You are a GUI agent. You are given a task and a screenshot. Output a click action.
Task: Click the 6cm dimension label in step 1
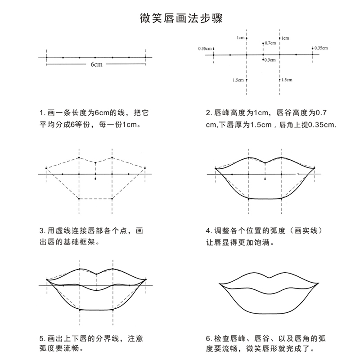[x=95, y=65]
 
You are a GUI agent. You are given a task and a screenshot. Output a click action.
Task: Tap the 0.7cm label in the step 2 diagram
[x=270, y=43]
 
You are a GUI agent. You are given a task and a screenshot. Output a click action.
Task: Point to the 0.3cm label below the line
[x=270, y=60]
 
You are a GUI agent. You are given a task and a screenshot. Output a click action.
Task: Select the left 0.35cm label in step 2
[x=205, y=48]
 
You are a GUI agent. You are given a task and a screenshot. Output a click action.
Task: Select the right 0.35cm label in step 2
[x=321, y=48]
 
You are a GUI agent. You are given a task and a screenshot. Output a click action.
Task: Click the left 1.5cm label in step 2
[x=238, y=80]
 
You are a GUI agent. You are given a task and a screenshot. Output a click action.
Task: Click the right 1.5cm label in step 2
[x=287, y=80]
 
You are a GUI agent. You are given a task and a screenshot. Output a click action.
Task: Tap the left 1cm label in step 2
[x=240, y=38]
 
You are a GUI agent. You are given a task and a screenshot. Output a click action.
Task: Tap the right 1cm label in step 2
[x=285, y=38]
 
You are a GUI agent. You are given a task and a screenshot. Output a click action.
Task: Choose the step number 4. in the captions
[x=208, y=231]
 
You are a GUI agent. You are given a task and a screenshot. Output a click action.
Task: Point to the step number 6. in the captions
[x=208, y=338]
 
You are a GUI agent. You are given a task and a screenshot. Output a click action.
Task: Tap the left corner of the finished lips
[x=219, y=284]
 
